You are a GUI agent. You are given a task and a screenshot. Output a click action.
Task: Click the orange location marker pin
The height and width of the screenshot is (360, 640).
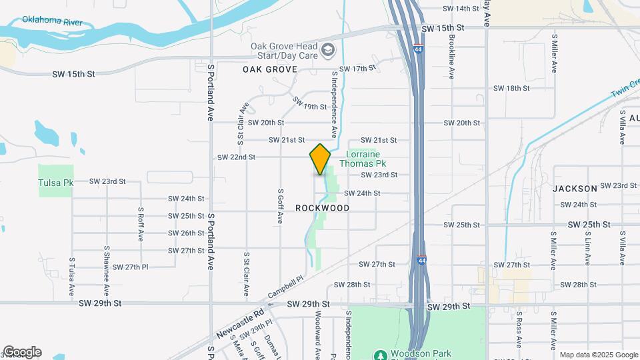321,159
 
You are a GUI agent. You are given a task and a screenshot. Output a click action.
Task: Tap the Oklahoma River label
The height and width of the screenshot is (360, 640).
52,21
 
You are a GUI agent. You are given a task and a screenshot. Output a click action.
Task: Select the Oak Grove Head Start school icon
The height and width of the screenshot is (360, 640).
328,50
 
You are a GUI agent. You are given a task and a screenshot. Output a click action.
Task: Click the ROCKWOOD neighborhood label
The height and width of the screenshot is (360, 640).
323,208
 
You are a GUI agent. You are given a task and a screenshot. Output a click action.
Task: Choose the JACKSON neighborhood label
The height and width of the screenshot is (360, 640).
575,189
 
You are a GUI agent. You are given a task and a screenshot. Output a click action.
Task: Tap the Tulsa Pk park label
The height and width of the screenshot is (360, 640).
55,183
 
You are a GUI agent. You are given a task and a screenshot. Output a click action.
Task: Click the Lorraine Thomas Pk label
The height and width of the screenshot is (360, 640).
363,158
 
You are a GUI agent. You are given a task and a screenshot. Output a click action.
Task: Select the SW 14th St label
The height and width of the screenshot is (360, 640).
461,9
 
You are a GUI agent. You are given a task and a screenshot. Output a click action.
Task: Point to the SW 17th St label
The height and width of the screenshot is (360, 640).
358,69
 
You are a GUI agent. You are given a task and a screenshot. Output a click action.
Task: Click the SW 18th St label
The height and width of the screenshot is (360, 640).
511,88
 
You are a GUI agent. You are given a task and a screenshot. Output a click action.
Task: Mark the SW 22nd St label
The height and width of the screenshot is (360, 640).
237,157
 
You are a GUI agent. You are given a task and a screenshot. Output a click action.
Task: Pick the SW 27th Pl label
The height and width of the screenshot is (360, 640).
130,267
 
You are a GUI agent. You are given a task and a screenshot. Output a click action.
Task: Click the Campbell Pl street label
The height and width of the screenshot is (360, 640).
285,287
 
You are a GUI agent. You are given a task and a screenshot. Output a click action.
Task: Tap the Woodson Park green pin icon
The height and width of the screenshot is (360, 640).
380,354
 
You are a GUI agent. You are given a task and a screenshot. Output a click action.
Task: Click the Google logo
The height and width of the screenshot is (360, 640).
22,352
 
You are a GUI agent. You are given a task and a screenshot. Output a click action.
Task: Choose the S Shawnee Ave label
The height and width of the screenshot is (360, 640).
106,271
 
